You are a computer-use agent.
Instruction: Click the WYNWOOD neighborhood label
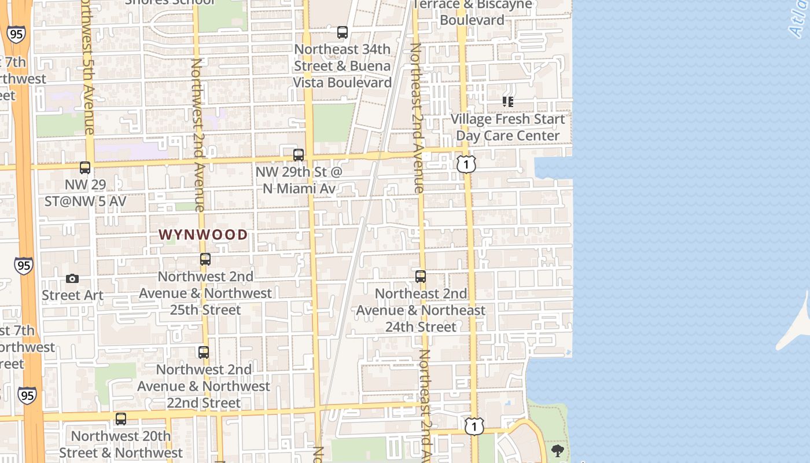pos(203,234)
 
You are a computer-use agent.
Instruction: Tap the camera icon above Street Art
pos(72,278)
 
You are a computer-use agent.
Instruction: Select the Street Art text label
pos(72,295)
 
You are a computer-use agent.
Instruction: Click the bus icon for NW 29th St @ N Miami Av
pos(299,155)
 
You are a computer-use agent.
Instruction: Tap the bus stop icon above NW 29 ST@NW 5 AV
pos(85,168)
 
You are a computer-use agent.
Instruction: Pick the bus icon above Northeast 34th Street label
pos(343,32)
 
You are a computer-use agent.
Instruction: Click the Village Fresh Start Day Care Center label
pos(508,127)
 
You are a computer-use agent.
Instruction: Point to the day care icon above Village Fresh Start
pos(508,102)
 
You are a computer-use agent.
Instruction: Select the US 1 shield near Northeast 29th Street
pos(466,164)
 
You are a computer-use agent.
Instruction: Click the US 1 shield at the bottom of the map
pos(474,427)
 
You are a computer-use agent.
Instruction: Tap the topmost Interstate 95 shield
pos(16,34)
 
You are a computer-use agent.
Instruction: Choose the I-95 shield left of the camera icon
pos(24,266)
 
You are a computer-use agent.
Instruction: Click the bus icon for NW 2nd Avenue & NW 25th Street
pos(205,259)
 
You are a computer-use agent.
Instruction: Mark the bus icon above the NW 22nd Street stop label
pos(204,352)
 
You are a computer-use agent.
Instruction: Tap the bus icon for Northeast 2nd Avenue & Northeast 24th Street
pos(421,277)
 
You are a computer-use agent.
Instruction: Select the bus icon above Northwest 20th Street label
pos(121,418)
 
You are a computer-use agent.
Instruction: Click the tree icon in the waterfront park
pos(558,450)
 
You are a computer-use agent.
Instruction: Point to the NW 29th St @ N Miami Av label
pos(299,180)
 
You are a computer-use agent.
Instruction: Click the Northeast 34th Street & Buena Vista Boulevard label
pos(343,66)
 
